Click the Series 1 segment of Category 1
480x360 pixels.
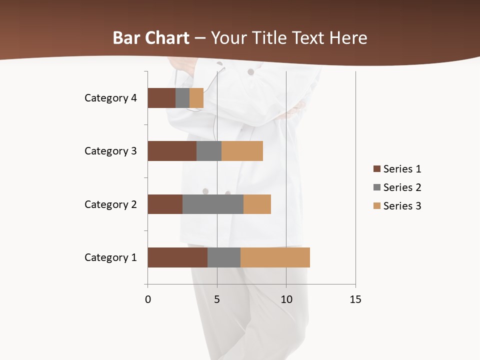[x=177, y=257]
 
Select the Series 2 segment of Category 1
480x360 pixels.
[x=224, y=257]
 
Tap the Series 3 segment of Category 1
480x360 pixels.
[x=275, y=257]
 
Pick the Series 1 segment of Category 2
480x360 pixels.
[x=165, y=204]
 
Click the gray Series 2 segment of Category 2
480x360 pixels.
[x=213, y=204]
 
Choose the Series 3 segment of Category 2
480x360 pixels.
[x=257, y=204]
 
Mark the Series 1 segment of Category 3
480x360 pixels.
[x=172, y=151]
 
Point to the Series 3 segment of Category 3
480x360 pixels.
[x=242, y=151]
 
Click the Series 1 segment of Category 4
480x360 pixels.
[x=161, y=98]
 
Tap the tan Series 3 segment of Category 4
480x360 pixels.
[x=196, y=98]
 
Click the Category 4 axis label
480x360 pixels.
[x=110, y=98]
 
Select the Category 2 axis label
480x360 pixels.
[x=110, y=204]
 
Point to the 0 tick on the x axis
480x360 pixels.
[x=148, y=299]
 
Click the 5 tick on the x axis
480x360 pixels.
[x=217, y=299]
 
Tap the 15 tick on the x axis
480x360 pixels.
[x=355, y=299]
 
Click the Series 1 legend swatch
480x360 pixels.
[x=376, y=169]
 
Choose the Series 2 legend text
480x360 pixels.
[x=402, y=187]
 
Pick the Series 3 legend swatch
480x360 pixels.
[x=376, y=206]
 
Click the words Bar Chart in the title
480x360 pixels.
[x=151, y=38]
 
